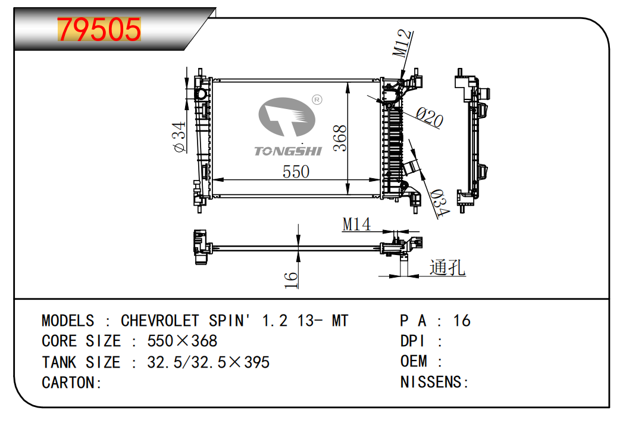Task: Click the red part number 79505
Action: click(99, 30)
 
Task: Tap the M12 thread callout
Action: click(403, 42)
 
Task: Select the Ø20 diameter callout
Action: click(430, 117)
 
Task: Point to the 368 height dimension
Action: click(339, 138)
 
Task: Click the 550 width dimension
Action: click(296, 172)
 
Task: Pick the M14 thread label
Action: click(356, 225)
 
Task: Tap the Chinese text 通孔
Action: click(447, 268)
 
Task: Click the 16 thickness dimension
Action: click(290, 279)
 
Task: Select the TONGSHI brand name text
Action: click(288, 151)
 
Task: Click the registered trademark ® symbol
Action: click(317, 99)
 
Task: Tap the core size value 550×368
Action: click(182, 341)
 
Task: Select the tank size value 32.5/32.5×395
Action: click(208, 362)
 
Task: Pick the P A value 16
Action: click(461, 321)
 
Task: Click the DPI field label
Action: click(412, 341)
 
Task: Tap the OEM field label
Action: click(414, 362)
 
